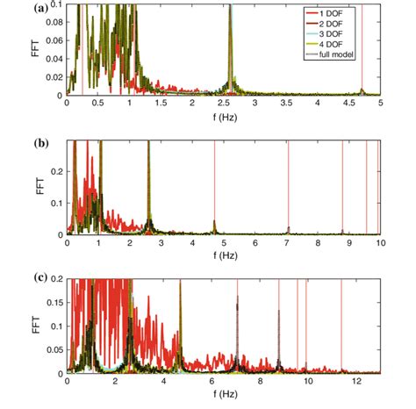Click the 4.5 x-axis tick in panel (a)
pyautogui.click(x=349, y=104)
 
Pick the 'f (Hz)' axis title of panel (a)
pyautogui.click(x=222, y=116)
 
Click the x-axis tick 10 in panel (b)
pyautogui.click(x=380, y=242)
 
